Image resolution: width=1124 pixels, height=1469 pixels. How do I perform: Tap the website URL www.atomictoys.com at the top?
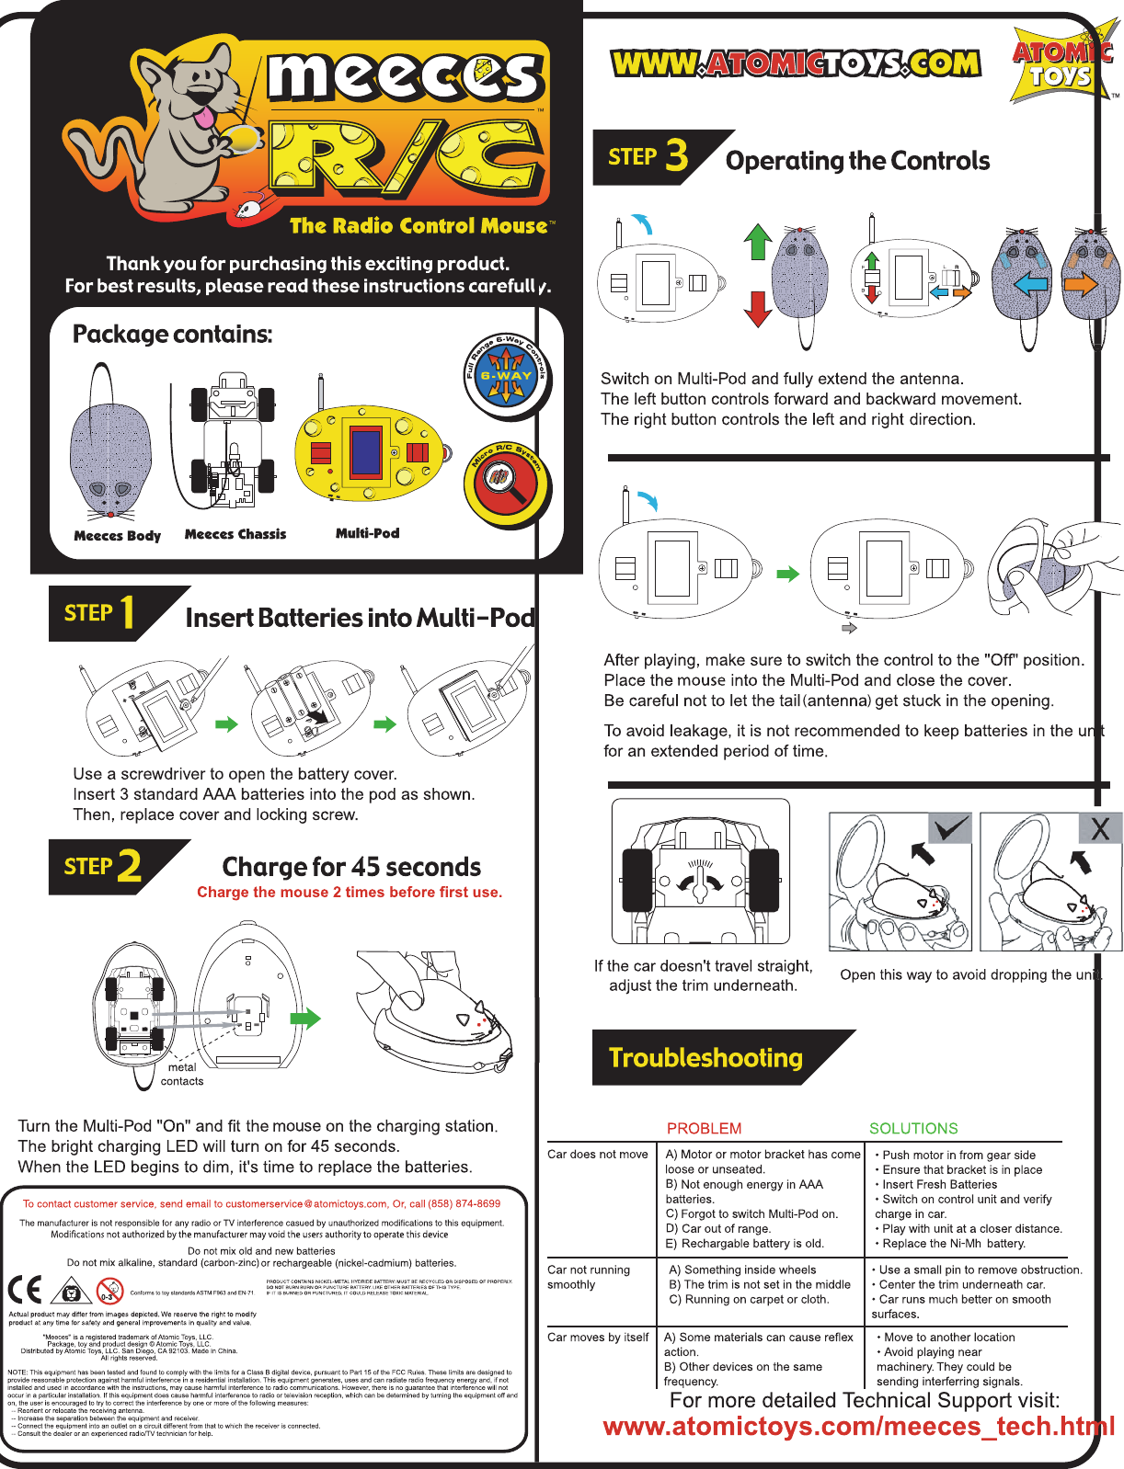(x=796, y=63)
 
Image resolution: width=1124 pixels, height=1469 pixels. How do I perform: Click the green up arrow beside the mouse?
(x=757, y=242)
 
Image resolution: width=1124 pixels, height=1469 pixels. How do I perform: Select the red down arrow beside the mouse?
(x=757, y=309)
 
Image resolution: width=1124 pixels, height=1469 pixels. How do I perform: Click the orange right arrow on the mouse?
(x=1082, y=284)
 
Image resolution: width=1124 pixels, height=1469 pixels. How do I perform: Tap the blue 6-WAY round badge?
(x=506, y=376)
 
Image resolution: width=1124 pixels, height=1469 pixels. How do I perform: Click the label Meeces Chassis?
(x=235, y=534)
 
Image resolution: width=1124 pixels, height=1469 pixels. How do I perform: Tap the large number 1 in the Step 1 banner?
(x=127, y=613)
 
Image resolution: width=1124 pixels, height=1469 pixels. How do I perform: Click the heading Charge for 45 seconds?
(x=351, y=867)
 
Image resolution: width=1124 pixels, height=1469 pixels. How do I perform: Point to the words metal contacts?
(x=182, y=1074)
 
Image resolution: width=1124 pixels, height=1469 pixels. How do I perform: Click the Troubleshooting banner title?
(x=705, y=1057)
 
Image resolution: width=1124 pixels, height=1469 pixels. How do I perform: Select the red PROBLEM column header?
(x=704, y=1128)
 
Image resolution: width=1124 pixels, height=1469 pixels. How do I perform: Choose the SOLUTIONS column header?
(x=913, y=1128)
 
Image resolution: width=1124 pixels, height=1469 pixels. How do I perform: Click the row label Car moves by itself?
(x=598, y=1338)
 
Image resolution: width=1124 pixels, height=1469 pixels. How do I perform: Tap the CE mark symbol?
(x=25, y=1290)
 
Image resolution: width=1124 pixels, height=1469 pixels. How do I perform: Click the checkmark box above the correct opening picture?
(x=949, y=828)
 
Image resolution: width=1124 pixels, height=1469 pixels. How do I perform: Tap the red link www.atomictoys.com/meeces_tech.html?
(x=858, y=1426)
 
